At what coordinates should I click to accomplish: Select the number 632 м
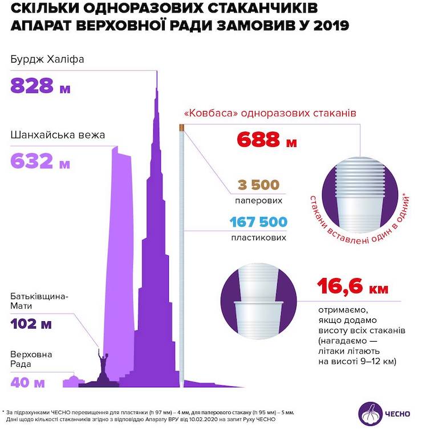tap(40, 162)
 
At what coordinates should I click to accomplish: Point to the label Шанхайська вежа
tap(58, 136)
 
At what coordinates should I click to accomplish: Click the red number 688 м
tap(266, 140)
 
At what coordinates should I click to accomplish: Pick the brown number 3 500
tap(258, 185)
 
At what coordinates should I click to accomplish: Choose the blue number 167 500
tap(258, 222)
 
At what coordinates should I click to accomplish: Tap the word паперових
tap(259, 201)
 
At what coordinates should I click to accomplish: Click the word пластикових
tap(258, 237)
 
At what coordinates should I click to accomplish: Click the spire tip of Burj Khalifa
tap(156, 74)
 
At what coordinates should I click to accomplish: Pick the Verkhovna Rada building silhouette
tap(71, 380)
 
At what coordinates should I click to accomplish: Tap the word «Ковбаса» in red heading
tap(209, 113)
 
